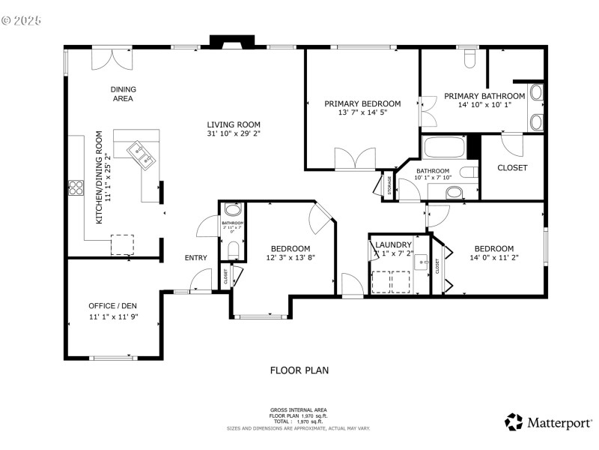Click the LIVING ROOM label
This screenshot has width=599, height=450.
coord(234,124)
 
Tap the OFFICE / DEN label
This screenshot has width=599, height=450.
coord(112,306)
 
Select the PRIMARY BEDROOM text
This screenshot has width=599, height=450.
coord(362,103)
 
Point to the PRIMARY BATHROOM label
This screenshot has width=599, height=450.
coord(484,96)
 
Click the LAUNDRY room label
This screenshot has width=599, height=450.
coord(394,244)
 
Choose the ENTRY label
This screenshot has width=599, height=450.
coord(196,258)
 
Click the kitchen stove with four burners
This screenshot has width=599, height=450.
coord(76,187)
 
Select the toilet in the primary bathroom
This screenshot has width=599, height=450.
coord(470,57)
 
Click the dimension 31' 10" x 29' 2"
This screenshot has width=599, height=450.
coord(234,134)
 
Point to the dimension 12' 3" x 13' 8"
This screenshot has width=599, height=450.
coord(290,258)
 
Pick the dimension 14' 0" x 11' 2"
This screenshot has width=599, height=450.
coord(493,258)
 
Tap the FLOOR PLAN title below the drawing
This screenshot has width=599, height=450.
coord(299,370)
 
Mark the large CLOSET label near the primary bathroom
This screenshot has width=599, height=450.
coord(512,167)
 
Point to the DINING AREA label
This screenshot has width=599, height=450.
coord(124,94)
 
